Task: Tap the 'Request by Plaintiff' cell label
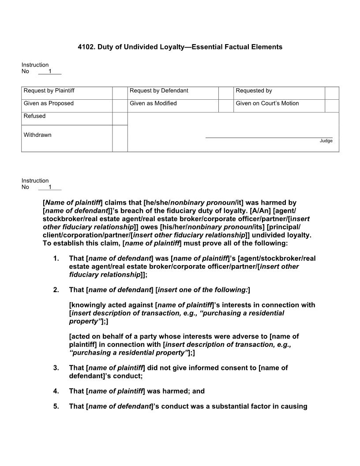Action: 49,90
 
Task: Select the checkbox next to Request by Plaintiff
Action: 120,93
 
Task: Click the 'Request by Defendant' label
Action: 159,90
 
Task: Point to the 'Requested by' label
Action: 254,90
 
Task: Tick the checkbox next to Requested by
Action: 332,93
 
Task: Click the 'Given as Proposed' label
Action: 49,103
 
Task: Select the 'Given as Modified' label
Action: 153,103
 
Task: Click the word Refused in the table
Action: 34,116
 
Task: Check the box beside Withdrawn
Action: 120,138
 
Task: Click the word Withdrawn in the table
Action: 37,135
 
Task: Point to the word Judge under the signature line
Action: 326,141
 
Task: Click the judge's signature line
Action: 269,137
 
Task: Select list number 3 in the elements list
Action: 56,368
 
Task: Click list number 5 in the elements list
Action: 56,406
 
